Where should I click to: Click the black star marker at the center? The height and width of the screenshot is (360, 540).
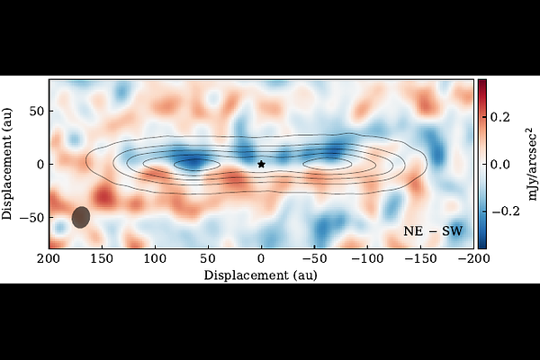262,164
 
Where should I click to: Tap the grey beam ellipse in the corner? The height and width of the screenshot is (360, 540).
81,217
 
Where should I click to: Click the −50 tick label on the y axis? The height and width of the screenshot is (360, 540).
33,218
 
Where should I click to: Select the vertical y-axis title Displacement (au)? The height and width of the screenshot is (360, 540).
8,164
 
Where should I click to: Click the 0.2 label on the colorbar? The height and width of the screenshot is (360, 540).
505,117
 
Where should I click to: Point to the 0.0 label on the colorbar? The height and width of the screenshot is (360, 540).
505,164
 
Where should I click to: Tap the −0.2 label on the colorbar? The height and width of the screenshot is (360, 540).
507,211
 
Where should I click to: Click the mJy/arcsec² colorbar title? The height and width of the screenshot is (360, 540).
530,164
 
